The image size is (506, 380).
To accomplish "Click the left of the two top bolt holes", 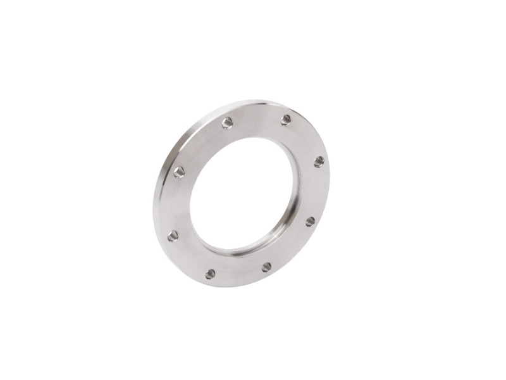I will tap(227, 123).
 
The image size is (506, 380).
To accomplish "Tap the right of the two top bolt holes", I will tap(286, 120).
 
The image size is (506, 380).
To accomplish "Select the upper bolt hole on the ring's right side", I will tap(319, 161).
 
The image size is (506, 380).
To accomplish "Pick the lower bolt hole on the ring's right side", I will tap(310, 222).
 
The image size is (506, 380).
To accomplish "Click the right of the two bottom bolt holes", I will tap(266, 267).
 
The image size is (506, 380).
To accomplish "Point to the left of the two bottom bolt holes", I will tap(210, 274).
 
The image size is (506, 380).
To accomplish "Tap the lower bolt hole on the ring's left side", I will tap(173, 236).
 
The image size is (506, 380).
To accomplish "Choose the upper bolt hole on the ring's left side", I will tap(179, 172).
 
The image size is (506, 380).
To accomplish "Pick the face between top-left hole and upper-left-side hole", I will tap(199, 143).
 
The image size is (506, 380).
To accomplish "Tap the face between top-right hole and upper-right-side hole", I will tap(307, 137).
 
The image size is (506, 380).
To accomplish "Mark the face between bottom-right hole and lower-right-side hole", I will tap(292, 248).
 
